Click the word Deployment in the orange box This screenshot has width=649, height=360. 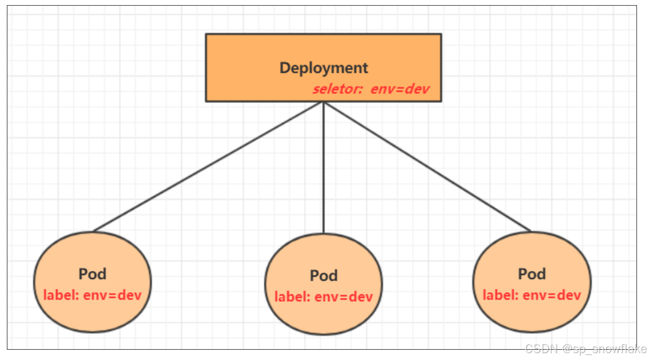pyautogui.click(x=324, y=68)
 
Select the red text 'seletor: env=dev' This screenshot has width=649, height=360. pyautogui.click(x=370, y=90)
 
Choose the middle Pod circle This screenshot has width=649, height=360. pyautogui.click(x=324, y=314)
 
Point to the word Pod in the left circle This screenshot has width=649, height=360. pyautogui.click(x=92, y=274)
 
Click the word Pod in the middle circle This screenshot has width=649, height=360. pyautogui.click(x=324, y=276)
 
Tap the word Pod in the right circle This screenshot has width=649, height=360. pyautogui.click(x=532, y=274)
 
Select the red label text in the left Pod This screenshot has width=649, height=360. pyautogui.click(x=92, y=295)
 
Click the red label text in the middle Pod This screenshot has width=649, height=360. pyautogui.click(x=324, y=297)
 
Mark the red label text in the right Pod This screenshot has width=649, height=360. pyautogui.click(x=532, y=295)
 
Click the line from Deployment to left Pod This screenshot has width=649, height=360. pyautogui.click(x=208, y=167)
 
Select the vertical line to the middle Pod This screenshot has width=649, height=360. pyautogui.click(x=324, y=168)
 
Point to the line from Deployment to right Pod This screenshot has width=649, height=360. pyautogui.click(x=427, y=167)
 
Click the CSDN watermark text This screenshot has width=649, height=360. pyautogui.click(x=586, y=349)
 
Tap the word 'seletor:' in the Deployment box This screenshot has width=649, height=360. pyautogui.click(x=337, y=90)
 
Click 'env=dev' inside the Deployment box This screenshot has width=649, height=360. pyautogui.click(x=400, y=90)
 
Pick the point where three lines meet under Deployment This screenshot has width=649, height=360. pyautogui.click(x=324, y=103)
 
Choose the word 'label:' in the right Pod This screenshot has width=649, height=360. pyautogui.click(x=500, y=295)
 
